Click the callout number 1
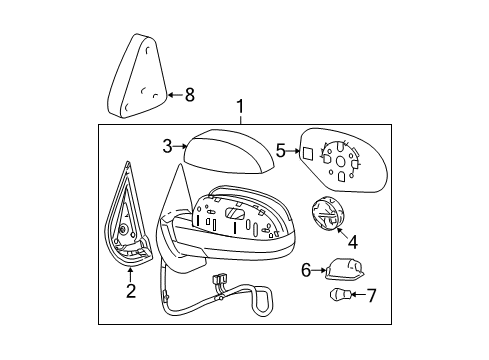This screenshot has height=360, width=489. pos(238,107)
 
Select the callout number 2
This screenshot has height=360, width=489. pos(129,291)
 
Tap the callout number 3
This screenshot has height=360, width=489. pos(168,146)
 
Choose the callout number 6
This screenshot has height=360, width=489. pos(306,269)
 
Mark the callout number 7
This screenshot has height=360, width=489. pos(371,295)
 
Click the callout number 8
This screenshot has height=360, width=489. pos(188,95)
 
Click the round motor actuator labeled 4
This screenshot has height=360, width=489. pos(324,213)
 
